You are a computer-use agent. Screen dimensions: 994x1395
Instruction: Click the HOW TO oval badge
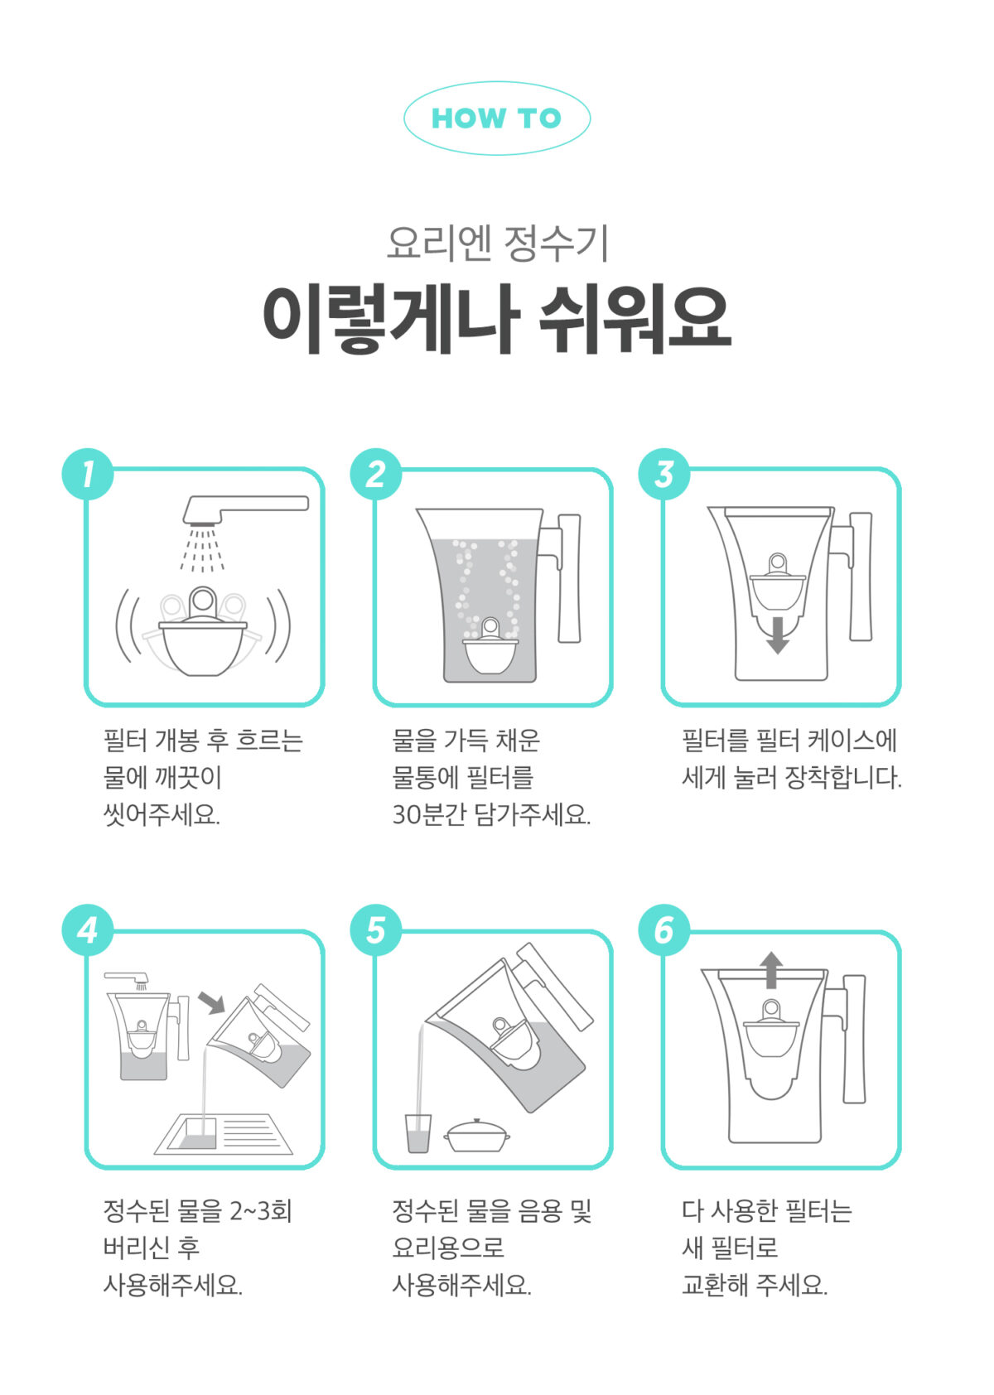(x=496, y=118)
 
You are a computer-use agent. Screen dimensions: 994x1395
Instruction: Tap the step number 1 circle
(x=88, y=474)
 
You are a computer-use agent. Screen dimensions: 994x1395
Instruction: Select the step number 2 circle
(x=376, y=474)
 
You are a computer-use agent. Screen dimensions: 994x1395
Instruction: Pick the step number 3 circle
(x=664, y=474)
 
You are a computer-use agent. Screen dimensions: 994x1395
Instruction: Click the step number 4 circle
(x=88, y=929)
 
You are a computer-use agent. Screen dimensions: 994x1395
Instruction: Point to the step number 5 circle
(x=376, y=929)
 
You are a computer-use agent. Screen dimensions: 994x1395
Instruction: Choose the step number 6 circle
(x=664, y=929)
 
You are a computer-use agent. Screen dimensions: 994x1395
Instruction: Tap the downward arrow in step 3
(x=777, y=636)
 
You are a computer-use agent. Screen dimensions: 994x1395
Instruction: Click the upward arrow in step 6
(x=771, y=970)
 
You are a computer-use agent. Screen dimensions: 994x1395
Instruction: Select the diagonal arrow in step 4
(x=212, y=1002)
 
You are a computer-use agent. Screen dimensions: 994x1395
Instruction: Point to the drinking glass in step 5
(x=418, y=1133)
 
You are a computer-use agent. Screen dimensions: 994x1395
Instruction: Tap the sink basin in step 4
(x=222, y=1134)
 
